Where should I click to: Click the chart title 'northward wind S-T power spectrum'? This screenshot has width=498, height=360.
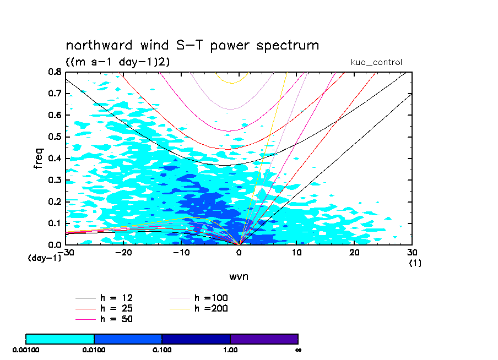tap(192, 45)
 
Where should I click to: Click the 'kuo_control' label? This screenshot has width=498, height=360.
tap(376, 62)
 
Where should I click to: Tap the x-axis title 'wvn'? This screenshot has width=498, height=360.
tap(239, 276)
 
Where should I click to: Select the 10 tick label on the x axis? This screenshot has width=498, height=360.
tap(296, 252)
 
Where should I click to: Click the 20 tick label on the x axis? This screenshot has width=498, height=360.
tap(354, 252)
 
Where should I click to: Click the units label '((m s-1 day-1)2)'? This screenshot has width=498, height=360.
tap(117, 62)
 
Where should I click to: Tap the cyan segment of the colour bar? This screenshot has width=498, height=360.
tap(60, 339)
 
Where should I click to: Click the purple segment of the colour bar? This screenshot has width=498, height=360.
tap(264, 339)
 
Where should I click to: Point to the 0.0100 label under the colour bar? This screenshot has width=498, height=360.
tap(94, 350)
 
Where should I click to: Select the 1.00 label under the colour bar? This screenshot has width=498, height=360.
tap(230, 350)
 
